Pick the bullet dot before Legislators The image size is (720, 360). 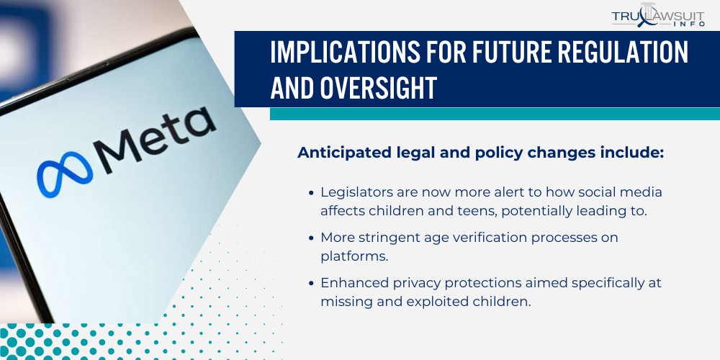310,193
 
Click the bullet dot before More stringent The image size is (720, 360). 310,238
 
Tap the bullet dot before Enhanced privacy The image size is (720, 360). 310,284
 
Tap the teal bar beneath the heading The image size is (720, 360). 495,114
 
